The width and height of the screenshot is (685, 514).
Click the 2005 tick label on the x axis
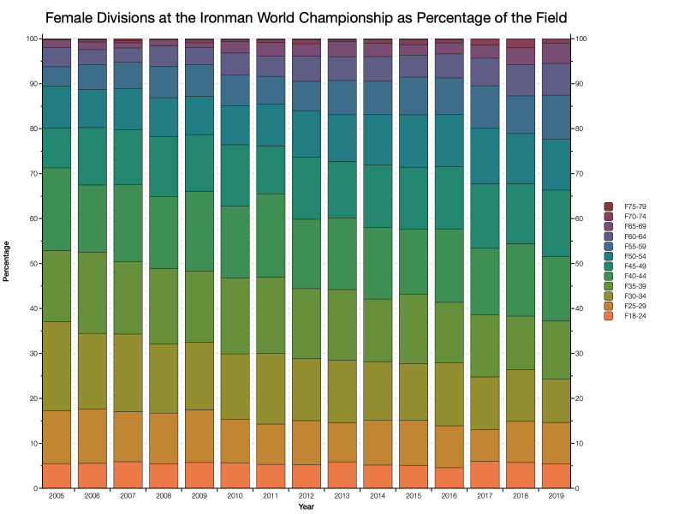tap(57, 497)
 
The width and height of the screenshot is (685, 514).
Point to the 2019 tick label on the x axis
tap(556, 497)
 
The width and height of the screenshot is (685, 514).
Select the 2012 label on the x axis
tap(306, 497)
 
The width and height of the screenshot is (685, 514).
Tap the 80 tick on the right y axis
tap(583, 128)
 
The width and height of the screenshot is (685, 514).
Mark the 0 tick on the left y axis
tap(34, 488)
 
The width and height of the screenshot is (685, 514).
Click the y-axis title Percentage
tap(8, 263)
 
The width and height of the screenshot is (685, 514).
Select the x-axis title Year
tap(306, 507)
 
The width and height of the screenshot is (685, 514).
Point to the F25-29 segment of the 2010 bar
tap(235, 441)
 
